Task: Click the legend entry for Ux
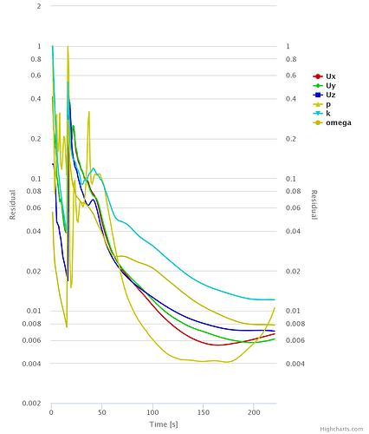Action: [331, 76]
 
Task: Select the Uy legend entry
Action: [331, 86]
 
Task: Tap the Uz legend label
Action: [331, 95]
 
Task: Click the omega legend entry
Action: [338, 122]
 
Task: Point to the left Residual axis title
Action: [13, 205]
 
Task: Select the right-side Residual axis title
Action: [314, 205]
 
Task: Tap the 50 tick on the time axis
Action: [102, 411]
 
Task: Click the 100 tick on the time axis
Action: [152, 411]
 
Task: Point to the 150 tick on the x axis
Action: [204, 411]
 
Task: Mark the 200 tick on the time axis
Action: [254, 411]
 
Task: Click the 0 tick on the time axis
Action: [52, 411]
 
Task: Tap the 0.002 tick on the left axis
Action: [33, 404]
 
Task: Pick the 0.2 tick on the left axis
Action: [36, 139]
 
